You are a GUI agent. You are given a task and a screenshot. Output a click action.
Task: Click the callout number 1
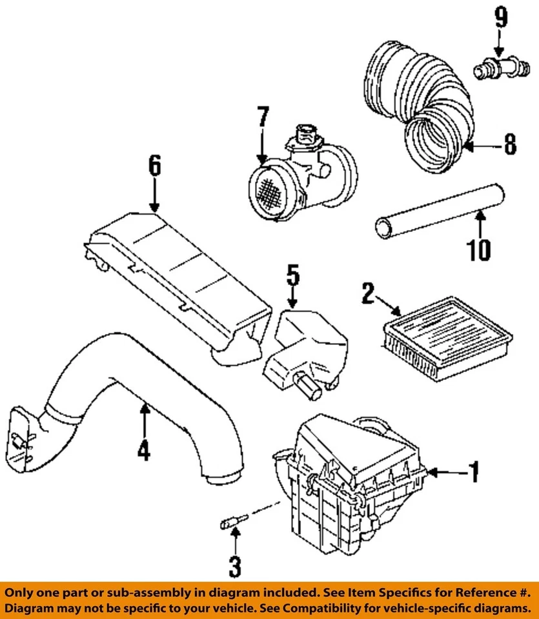[474, 473]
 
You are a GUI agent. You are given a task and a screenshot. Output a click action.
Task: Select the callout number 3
[234, 567]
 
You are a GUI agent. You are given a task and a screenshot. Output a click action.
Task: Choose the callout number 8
[510, 146]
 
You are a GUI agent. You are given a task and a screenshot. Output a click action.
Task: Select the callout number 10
[478, 249]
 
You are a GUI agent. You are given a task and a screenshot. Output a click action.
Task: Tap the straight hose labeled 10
[439, 210]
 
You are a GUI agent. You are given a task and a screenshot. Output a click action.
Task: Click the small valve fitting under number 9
[494, 68]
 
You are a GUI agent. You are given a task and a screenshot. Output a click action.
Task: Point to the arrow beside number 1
[445, 473]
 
